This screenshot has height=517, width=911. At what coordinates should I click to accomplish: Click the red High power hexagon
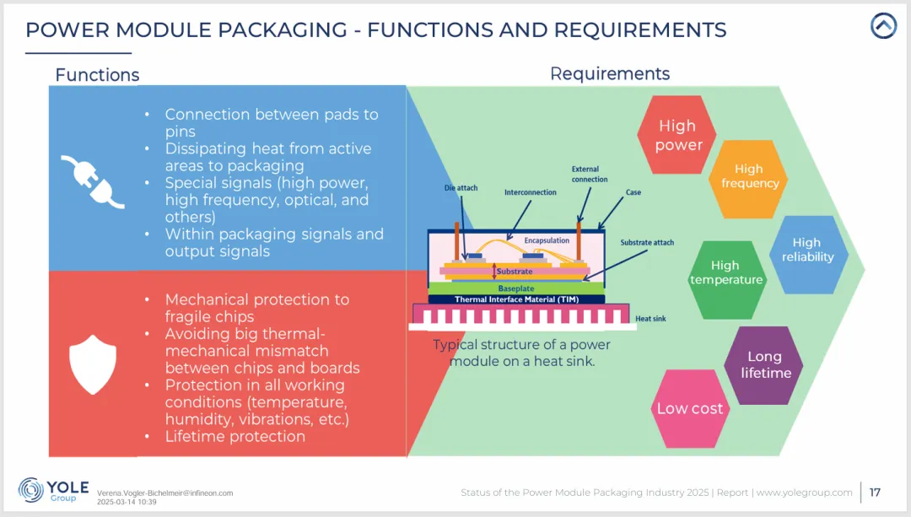pyautogui.click(x=677, y=135)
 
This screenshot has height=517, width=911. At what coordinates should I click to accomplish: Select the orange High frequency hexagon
pyautogui.click(x=749, y=179)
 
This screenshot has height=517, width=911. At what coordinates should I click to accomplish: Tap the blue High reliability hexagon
pyautogui.click(x=808, y=255)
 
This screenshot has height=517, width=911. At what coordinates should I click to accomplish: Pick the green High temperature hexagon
pyautogui.click(x=726, y=280)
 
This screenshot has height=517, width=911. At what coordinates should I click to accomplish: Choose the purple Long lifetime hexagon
pyautogui.click(x=764, y=365)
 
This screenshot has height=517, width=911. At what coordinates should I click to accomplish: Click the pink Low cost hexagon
pyautogui.click(x=690, y=409)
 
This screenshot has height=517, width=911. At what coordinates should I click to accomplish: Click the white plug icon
pyautogui.click(x=93, y=180)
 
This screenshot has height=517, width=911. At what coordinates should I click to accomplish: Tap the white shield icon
pyautogui.click(x=93, y=364)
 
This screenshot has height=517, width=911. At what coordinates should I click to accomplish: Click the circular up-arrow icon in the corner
pyautogui.click(x=884, y=25)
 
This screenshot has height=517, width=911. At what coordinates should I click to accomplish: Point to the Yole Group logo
pyautogui.click(x=53, y=491)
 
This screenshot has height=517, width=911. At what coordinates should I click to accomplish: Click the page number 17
pyautogui.click(x=875, y=493)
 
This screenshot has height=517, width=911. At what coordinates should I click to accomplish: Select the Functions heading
pyautogui.click(x=97, y=75)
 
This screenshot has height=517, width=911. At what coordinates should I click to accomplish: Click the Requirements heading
pyautogui.click(x=610, y=73)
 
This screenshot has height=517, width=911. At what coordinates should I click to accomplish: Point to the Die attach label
pyautogui.click(x=461, y=187)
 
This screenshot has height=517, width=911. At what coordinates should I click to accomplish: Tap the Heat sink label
pyautogui.click(x=650, y=318)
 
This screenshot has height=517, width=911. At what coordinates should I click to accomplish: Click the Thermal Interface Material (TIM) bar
pyautogui.click(x=516, y=299)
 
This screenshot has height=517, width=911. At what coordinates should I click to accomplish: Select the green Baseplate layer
pyautogui.click(x=516, y=288)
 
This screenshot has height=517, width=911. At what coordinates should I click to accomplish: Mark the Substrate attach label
pyautogui.click(x=647, y=242)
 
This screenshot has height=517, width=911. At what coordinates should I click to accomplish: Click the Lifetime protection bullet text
pyautogui.click(x=234, y=436)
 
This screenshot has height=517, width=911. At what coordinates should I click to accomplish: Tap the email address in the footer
pyautogui.click(x=165, y=493)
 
